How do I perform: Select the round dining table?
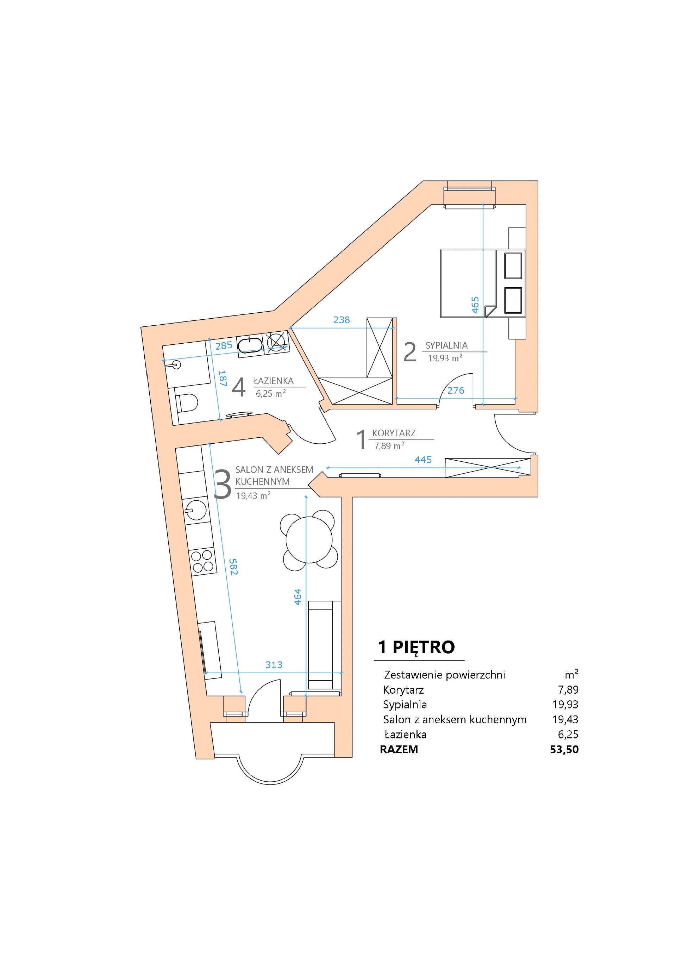[309, 540]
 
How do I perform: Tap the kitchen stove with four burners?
[202, 561]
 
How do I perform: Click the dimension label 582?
[233, 567]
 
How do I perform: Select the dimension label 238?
[341, 320]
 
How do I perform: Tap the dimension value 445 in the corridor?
[423, 460]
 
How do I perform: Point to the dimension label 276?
[456, 390]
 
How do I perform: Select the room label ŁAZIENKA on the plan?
[274, 381]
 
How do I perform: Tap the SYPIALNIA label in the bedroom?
[446, 345]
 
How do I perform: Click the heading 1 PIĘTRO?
[416, 647]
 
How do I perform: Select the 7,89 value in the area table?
[568, 689]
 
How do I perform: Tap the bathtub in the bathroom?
[250, 345]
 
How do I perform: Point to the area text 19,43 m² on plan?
[253, 496]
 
